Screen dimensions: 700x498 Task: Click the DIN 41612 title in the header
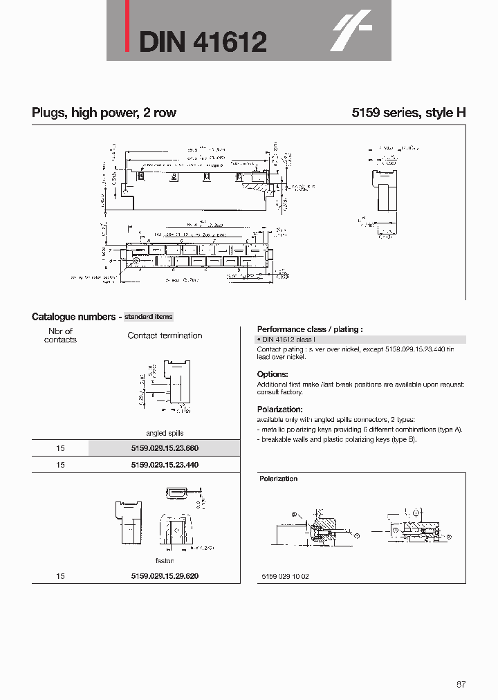[203, 42]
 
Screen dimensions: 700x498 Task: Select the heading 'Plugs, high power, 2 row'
[104, 113]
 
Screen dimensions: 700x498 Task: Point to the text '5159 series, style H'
[408, 113]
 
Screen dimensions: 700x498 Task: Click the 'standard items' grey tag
[149, 316]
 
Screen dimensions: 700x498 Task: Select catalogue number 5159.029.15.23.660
[165, 448]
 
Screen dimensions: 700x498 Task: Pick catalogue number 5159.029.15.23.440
[165, 465]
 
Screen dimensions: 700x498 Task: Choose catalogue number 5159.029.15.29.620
[165, 575]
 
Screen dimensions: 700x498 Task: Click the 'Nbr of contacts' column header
[60, 335]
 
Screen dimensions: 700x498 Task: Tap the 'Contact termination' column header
[165, 335]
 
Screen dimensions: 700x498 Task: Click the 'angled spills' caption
[165, 433]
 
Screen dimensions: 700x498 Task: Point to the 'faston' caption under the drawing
[165, 560]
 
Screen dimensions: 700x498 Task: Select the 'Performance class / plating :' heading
[310, 329]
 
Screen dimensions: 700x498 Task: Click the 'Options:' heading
[272, 374]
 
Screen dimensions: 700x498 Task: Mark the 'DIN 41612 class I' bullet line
[288, 340]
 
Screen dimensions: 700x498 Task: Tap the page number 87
[461, 684]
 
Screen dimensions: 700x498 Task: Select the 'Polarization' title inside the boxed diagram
[279, 479]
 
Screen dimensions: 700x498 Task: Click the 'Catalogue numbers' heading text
[73, 317]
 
